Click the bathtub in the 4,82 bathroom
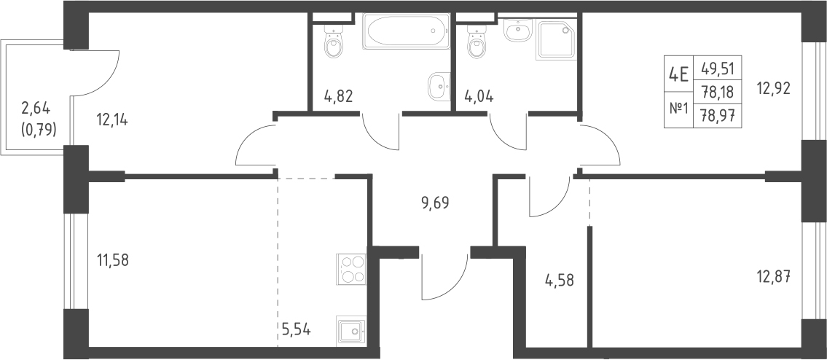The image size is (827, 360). (406, 31)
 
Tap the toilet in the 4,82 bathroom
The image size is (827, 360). (333, 42)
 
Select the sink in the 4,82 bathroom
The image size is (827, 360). (439, 86)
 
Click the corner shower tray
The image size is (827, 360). (557, 39)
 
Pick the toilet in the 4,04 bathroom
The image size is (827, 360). (477, 42)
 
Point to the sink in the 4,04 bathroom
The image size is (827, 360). (520, 30)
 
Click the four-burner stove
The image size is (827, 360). (351, 269)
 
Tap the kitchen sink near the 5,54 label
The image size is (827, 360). (351, 331)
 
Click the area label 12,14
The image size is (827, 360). (112, 120)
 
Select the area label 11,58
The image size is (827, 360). (113, 260)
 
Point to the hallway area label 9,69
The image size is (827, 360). (435, 203)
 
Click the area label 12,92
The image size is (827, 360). (774, 89)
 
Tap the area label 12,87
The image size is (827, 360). (774, 276)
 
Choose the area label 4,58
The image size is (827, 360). (559, 280)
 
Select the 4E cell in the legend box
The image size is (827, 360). (678, 74)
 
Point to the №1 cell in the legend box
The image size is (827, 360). (679, 109)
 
